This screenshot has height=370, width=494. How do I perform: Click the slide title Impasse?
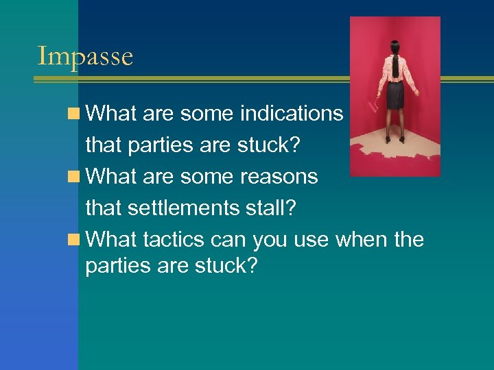pyautogui.click(x=84, y=56)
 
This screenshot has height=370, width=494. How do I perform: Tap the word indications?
pyautogui.click(x=292, y=113)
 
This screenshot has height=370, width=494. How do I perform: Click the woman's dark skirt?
pyautogui.click(x=395, y=95)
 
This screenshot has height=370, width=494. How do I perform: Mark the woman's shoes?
pyautogui.click(x=396, y=139)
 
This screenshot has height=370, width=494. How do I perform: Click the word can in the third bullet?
pyautogui.click(x=228, y=240)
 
